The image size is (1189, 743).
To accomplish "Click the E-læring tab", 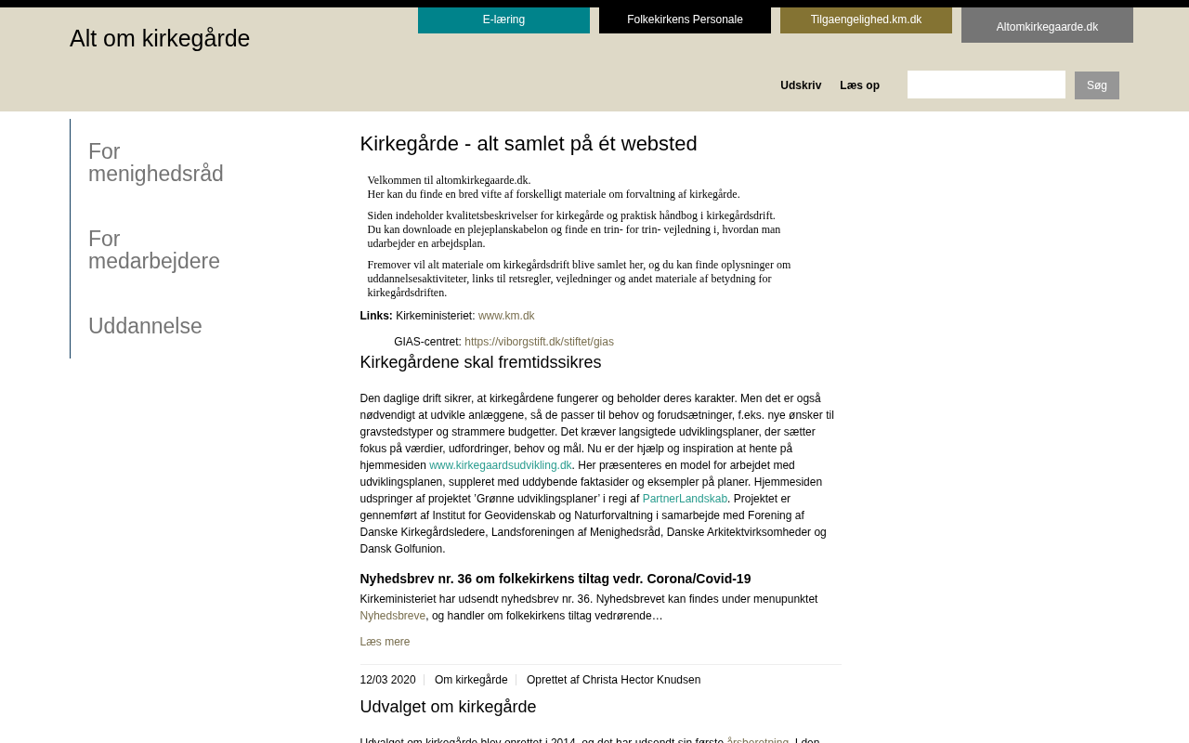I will coord(503,20).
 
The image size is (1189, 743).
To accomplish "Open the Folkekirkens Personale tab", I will coord(685,20).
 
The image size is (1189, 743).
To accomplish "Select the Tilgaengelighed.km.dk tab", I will coord(866,20).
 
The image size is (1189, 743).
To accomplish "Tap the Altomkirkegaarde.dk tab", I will coord(1047,27).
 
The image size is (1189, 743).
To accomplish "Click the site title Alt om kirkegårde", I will coord(160,39).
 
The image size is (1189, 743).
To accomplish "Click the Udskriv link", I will coord(801,85).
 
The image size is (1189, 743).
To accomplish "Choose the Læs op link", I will coord(859,85).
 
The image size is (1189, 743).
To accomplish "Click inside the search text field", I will coord(986,85).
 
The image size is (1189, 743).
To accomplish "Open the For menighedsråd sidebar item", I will coord(156,163).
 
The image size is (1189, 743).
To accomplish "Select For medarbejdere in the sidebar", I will coord(154,250).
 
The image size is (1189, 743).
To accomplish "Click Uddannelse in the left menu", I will coord(145,326).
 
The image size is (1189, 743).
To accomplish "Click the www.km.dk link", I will coord(506,316).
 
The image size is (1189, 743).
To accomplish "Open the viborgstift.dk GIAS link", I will coord(539,342).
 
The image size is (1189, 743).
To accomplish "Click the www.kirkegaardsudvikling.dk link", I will coord(500,465).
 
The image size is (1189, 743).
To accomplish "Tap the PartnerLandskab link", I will coord(685,499).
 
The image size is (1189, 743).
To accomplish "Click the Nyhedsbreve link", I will coord(392,616).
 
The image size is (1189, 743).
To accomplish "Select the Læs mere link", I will coord(385,642).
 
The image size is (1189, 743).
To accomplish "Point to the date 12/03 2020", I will coord(387,680).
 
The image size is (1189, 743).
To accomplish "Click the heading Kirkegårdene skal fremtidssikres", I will coord(480,362).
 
